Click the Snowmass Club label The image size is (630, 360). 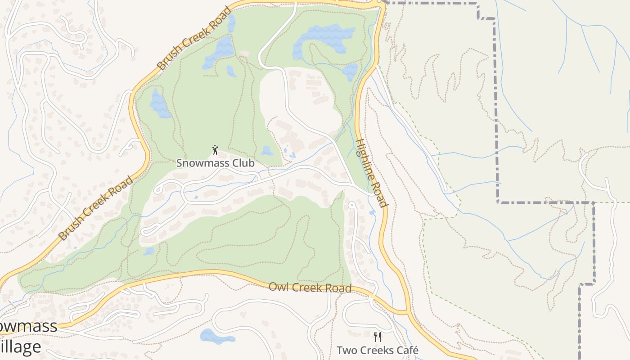[x=215, y=163]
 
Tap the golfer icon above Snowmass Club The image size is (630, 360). [x=215, y=150]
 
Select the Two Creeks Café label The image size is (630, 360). [x=378, y=350]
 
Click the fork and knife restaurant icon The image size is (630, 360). [x=378, y=337]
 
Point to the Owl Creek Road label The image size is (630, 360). [x=310, y=287]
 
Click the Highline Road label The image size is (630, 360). [x=371, y=172]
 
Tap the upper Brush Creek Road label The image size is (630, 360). [x=194, y=38]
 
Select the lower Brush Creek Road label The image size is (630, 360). [x=96, y=208]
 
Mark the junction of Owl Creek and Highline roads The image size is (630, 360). [x=407, y=311]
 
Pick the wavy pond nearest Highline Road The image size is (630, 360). [x=350, y=70]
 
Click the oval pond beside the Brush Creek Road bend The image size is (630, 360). [x=159, y=104]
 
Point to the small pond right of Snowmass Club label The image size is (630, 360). [x=267, y=151]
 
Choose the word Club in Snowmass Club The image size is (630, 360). [x=243, y=163]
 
